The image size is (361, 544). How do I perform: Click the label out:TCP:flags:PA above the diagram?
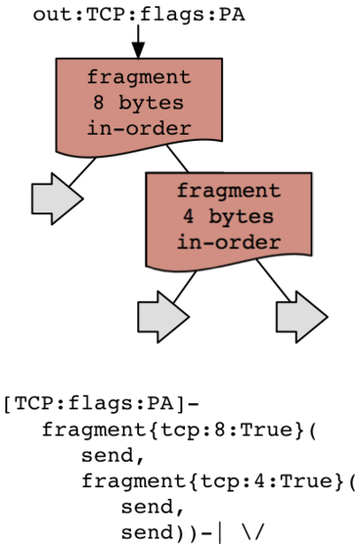(139, 14)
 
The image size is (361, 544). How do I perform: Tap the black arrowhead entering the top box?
(138, 51)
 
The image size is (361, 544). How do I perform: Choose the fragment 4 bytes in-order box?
(228, 221)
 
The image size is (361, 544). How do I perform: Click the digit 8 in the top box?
(98, 103)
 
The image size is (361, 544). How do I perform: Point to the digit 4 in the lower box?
(188, 217)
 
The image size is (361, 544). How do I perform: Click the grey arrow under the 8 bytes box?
(57, 199)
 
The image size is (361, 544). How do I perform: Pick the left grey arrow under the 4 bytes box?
(163, 317)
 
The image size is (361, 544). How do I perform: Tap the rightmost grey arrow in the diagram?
(301, 317)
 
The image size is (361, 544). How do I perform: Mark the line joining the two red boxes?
(178, 158)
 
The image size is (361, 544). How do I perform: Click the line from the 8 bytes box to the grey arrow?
(82, 172)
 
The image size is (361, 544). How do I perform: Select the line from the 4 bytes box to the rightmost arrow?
(273, 280)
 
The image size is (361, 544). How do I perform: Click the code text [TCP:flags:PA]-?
(101, 404)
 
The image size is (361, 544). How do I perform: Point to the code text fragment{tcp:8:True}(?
(179, 430)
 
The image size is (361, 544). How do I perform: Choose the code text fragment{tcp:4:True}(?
(218, 482)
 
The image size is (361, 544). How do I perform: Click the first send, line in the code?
(113, 455)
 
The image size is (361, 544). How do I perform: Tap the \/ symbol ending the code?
(254, 532)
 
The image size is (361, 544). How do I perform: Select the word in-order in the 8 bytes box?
(139, 128)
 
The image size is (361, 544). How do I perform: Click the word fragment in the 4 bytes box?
(228, 192)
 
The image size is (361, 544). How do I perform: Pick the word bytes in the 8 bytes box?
(151, 103)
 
